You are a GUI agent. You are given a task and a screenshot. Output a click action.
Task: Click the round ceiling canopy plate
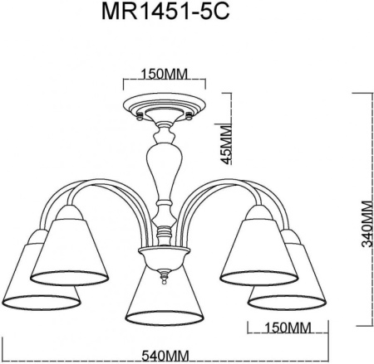click(x=163, y=105)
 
